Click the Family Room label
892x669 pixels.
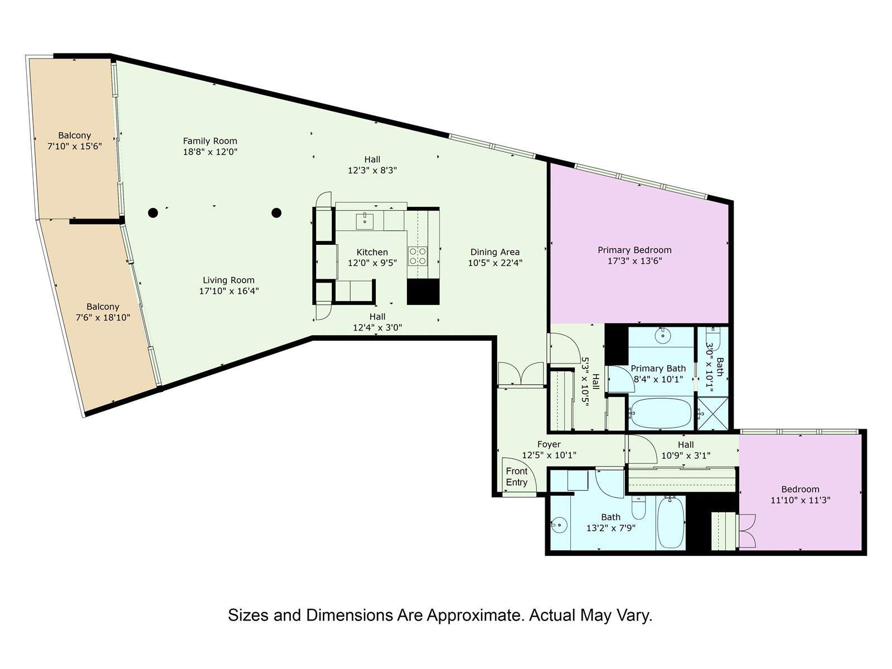tap(210, 141)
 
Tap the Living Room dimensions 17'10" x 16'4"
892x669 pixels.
tap(229, 291)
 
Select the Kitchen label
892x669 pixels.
tap(372, 252)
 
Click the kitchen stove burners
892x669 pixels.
tap(418, 256)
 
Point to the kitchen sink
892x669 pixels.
tap(365, 221)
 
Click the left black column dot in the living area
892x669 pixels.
tap(153, 212)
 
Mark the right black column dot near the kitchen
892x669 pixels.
tap(277, 212)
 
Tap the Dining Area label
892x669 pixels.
tap(495, 252)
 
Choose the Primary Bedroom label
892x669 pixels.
tap(634, 250)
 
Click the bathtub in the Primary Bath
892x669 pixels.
tap(661, 413)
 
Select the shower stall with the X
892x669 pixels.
tap(713, 413)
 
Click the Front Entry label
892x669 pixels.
tap(516, 477)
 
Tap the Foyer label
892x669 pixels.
tap(549, 444)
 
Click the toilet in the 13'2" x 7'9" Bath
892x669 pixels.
tap(638, 508)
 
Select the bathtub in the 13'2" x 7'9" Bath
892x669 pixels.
tap(671, 522)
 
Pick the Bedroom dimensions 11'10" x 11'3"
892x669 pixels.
tap(800, 500)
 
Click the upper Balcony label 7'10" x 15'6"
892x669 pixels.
tap(74, 140)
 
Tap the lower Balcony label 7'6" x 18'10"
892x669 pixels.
tap(103, 312)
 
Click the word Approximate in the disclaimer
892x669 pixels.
tap(474, 616)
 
